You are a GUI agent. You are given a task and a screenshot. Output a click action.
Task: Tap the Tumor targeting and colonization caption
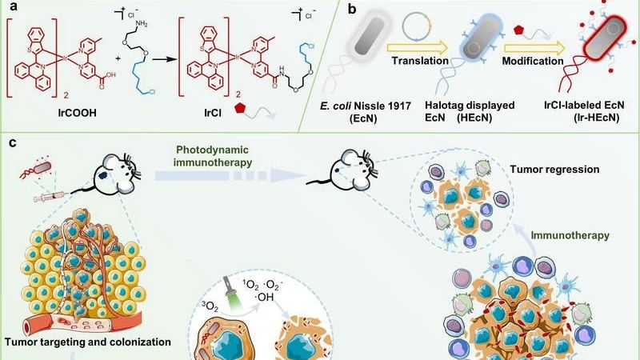pyautogui.click(x=87, y=342)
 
